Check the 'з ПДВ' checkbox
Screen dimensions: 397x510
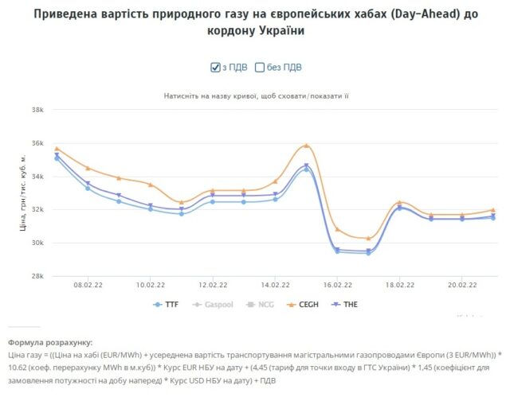tap(214, 67)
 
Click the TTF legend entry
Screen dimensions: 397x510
tap(167, 304)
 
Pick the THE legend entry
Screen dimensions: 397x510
tap(345, 304)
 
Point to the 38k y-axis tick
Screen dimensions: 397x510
tap(37, 110)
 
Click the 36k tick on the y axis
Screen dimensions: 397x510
tap(37, 143)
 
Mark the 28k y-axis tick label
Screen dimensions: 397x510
tap(37, 276)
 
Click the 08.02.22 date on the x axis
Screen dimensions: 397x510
tap(85, 284)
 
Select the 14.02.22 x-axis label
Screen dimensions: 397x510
tap(274, 284)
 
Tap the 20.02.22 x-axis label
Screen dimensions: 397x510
tap(461, 284)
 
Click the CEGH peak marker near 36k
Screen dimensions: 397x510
tap(306, 146)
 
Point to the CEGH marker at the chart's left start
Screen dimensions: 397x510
tap(57, 149)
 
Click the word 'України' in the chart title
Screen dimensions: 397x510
tap(282, 30)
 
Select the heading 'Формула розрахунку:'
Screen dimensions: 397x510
tap(50, 341)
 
